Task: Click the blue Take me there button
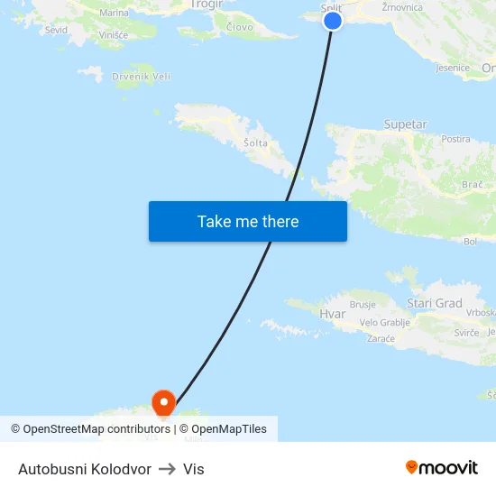(x=248, y=221)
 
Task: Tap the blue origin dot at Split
(x=333, y=20)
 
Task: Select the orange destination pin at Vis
(x=163, y=403)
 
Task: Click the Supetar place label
(x=405, y=124)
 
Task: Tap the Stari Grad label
(x=435, y=304)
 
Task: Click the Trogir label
(x=207, y=5)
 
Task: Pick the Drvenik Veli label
(x=142, y=77)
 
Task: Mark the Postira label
(x=456, y=140)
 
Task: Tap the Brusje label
(x=363, y=305)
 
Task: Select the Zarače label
(x=381, y=339)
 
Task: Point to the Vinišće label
(x=113, y=34)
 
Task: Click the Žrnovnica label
(x=402, y=7)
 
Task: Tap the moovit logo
(x=442, y=468)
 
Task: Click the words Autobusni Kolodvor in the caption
(x=85, y=469)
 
